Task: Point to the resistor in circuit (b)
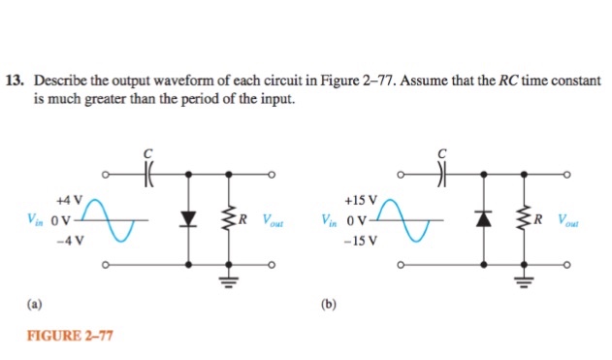[524, 219]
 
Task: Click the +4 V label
[69, 198]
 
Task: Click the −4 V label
[69, 238]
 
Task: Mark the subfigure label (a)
[35, 304]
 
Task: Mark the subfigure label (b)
[330, 304]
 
